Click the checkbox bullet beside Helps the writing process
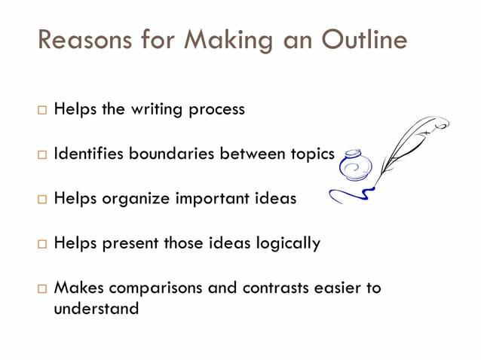[41, 110]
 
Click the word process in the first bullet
[219, 110]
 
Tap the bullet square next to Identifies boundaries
[41, 155]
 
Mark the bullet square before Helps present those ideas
[41, 245]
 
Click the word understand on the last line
[97, 308]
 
